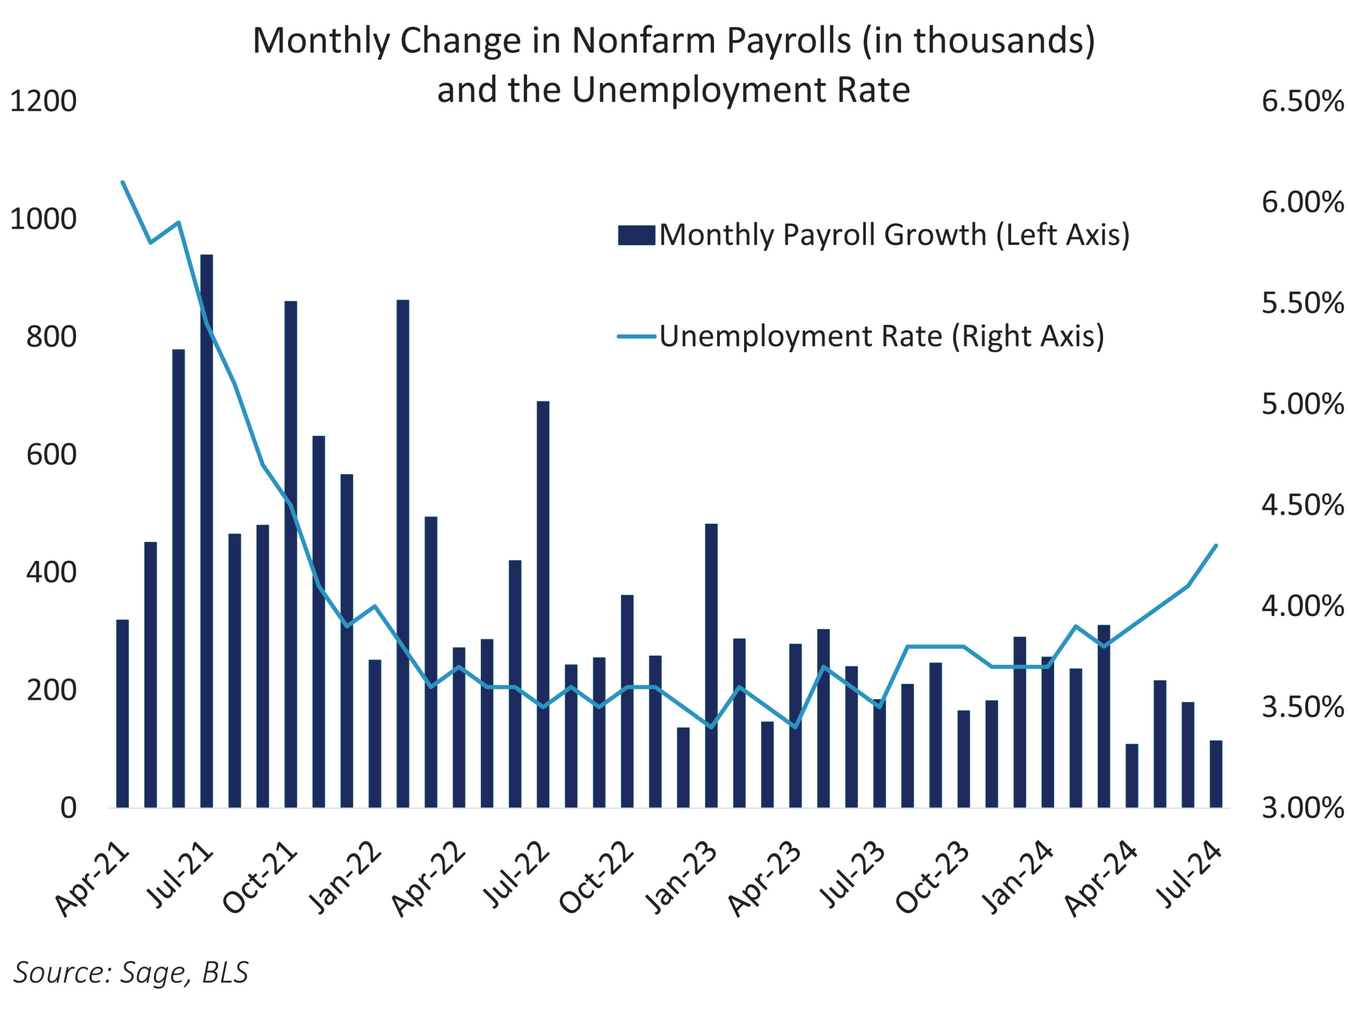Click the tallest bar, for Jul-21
tap(206, 530)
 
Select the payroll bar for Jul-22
tap(543, 603)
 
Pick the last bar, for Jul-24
tap(1216, 774)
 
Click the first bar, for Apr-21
tap(123, 713)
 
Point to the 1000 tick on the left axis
tap(43, 219)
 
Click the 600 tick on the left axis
tap(51, 454)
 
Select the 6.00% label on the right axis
tap(1302, 202)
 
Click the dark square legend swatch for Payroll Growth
tap(636, 235)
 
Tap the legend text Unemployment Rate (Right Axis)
tap(881, 336)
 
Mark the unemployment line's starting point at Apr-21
tap(123, 182)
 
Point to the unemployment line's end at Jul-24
tap(1216, 546)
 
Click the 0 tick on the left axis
tap(68, 808)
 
